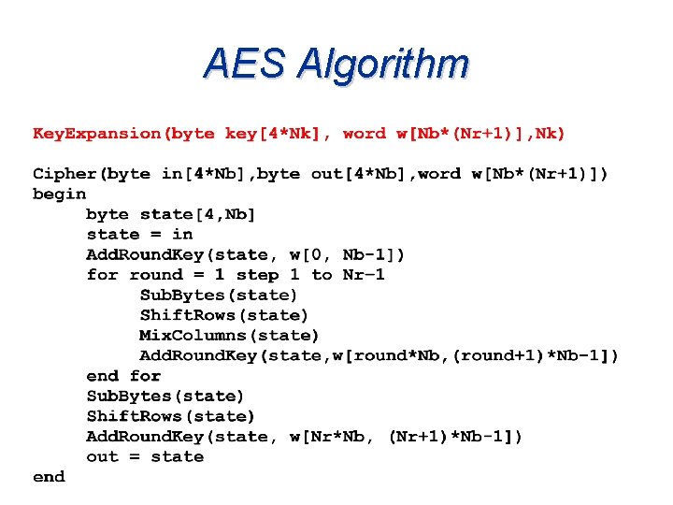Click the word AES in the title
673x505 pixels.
coord(244,64)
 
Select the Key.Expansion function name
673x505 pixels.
coord(97,134)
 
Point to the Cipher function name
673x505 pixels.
coord(65,174)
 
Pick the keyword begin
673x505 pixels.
coord(60,195)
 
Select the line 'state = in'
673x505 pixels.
coord(139,235)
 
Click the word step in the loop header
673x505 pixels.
coord(257,275)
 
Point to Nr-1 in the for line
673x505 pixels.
coord(364,275)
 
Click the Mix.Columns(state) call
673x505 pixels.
coord(229,335)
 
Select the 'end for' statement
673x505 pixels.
coord(123,376)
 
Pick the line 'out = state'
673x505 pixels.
coord(145,457)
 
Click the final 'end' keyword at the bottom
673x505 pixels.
coord(49,477)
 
